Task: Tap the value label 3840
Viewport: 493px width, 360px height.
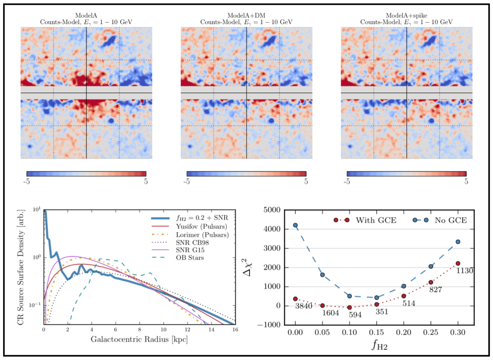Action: (x=304, y=306)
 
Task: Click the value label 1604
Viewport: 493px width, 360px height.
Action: (x=331, y=313)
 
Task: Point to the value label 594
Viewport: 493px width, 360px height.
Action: (x=355, y=315)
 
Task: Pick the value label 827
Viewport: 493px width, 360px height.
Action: (x=436, y=290)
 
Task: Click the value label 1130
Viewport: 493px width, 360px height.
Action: (x=464, y=271)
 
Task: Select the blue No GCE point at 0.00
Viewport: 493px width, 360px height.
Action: (x=295, y=225)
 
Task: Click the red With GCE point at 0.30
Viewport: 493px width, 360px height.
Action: (x=458, y=264)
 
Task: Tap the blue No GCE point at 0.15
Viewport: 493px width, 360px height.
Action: (x=377, y=298)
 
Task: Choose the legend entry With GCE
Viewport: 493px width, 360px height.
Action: (x=365, y=220)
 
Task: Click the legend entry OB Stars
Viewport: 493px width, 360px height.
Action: (x=178, y=258)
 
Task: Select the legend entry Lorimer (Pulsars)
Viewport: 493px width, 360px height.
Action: (x=190, y=235)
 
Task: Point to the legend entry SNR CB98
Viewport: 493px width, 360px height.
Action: (x=180, y=243)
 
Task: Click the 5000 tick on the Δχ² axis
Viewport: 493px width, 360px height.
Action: (x=272, y=210)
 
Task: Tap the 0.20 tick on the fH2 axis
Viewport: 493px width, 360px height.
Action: (x=404, y=332)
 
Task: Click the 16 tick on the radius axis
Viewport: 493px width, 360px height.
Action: (x=235, y=330)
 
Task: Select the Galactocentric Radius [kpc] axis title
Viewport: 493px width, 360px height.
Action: (x=139, y=339)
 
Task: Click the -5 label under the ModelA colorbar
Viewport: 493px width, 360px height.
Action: (x=26, y=182)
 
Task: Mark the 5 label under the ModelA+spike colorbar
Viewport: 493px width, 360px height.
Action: (x=466, y=182)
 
